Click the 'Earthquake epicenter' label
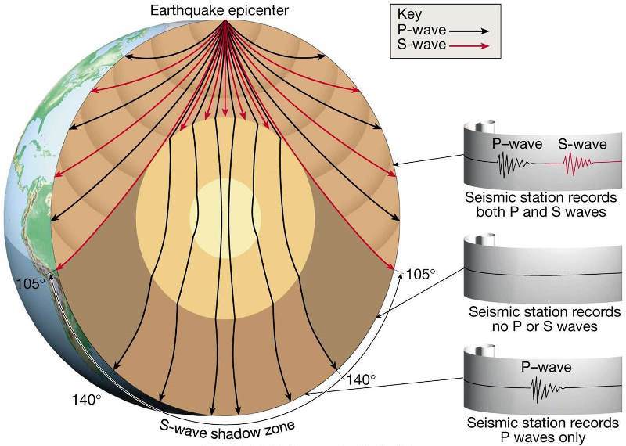pyautogui.click(x=219, y=10)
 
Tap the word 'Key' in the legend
pyautogui.click(x=409, y=14)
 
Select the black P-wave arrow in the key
pyautogui.click(x=469, y=31)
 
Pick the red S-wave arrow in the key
pyautogui.click(x=469, y=46)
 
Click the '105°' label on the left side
pyautogui.click(x=31, y=283)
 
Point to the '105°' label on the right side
pyautogui.click(x=420, y=275)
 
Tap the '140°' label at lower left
pyautogui.click(x=86, y=399)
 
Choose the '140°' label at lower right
pyautogui.click(x=361, y=379)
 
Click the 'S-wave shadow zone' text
pyautogui.click(x=227, y=431)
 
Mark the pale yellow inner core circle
pyautogui.click(x=225, y=217)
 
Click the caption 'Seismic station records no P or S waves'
pyautogui.click(x=545, y=318)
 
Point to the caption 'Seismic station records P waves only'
pyautogui.click(x=543, y=430)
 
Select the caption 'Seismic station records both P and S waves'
pyautogui.click(x=541, y=204)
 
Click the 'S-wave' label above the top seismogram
pyautogui.click(x=582, y=144)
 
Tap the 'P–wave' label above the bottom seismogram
pyautogui.click(x=546, y=366)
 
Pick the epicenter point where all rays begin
pyautogui.click(x=225, y=20)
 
